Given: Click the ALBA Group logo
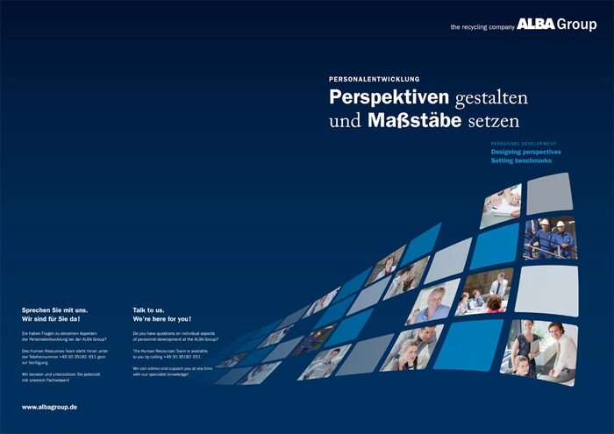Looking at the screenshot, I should [x=556, y=25].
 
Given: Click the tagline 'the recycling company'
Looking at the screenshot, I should [x=482, y=27].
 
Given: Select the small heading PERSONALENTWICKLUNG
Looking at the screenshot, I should [x=375, y=79].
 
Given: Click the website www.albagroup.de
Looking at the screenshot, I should [x=50, y=407].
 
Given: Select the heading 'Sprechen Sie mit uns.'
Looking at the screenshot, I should [x=55, y=310].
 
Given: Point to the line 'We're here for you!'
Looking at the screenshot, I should [x=161, y=319].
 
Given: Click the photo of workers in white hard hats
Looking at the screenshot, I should [x=550, y=238].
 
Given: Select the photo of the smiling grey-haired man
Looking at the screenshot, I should [x=432, y=303].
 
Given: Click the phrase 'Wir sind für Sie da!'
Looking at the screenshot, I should [x=51, y=319].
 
